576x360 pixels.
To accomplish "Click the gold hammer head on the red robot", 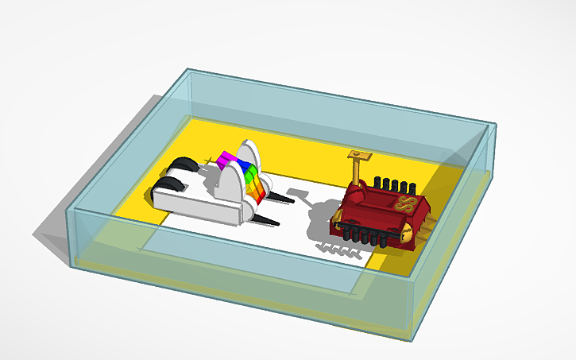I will point(359,155).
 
